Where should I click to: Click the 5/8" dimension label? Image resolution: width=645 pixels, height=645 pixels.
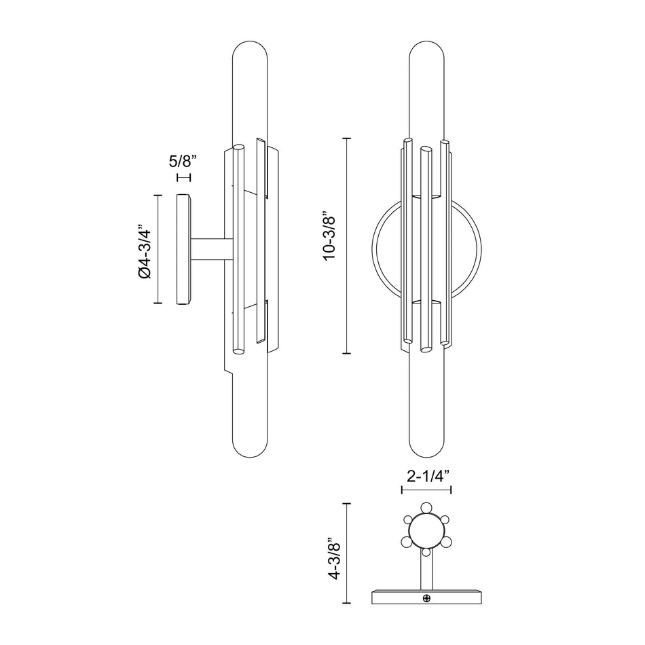[x=183, y=162]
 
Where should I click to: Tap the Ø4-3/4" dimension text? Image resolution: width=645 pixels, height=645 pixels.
[x=143, y=249]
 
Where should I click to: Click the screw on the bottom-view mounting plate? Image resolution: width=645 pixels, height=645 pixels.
[x=427, y=598]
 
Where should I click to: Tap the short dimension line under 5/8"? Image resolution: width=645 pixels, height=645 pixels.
[x=183, y=177]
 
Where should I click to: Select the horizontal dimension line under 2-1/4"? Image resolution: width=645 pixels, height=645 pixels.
[x=426, y=489]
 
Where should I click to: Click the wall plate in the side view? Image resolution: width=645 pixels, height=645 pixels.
[x=183, y=249]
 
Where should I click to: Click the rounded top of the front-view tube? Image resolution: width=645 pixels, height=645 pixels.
[x=426, y=51]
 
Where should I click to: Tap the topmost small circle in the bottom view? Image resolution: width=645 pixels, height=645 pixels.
[x=426, y=506]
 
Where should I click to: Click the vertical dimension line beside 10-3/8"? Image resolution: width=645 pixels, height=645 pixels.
[x=348, y=245]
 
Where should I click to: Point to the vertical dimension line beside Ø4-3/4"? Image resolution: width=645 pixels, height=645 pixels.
[x=159, y=249]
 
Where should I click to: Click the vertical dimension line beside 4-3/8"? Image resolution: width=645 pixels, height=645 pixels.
[x=348, y=553]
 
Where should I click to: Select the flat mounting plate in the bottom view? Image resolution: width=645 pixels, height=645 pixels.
[x=426, y=597]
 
